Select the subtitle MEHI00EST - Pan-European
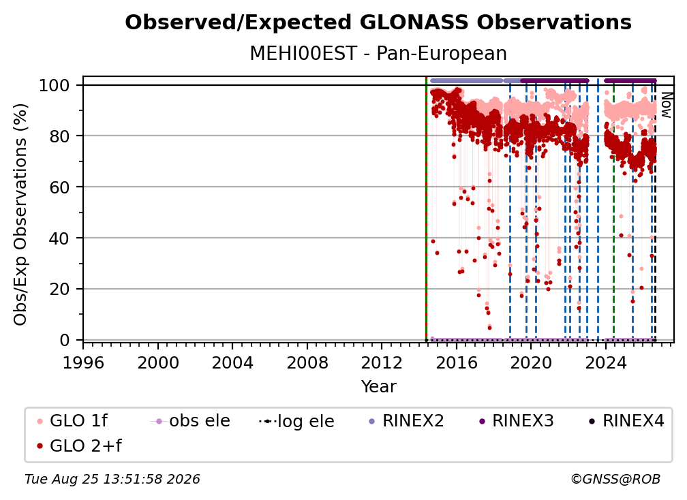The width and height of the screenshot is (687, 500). pyautogui.click(x=378, y=53)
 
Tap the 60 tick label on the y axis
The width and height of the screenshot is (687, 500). pyautogui.click(x=59, y=187)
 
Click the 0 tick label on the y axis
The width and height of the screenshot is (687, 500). pyautogui.click(x=64, y=340)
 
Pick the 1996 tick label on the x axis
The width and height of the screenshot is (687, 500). pyautogui.click(x=83, y=363)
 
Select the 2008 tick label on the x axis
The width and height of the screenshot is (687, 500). pyautogui.click(x=307, y=363)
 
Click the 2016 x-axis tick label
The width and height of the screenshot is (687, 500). pyautogui.click(x=457, y=363)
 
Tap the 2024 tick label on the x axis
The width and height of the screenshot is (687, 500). pyautogui.click(x=606, y=363)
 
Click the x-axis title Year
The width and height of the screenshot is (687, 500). pyautogui.click(x=378, y=387)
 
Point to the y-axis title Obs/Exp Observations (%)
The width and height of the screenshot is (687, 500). pyautogui.click(x=20, y=214)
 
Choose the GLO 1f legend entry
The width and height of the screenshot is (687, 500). pyautogui.click(x=73, y=421)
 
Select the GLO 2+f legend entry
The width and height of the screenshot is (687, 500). pyautogui.click(x=79, y=446)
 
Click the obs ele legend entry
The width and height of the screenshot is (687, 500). pyautogui.click(x=190, y=421)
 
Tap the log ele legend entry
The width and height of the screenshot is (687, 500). pyautogui.click(x=296, y=421)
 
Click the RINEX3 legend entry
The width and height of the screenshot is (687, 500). pyautogui.click(x=517, y=421)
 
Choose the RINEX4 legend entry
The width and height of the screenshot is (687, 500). pyautogui.click(x=627, y=421)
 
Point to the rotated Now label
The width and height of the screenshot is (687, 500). pyautogui.click(x=666, y=105)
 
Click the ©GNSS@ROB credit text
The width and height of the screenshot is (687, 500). pyautogui.click(x=615, y=480)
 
